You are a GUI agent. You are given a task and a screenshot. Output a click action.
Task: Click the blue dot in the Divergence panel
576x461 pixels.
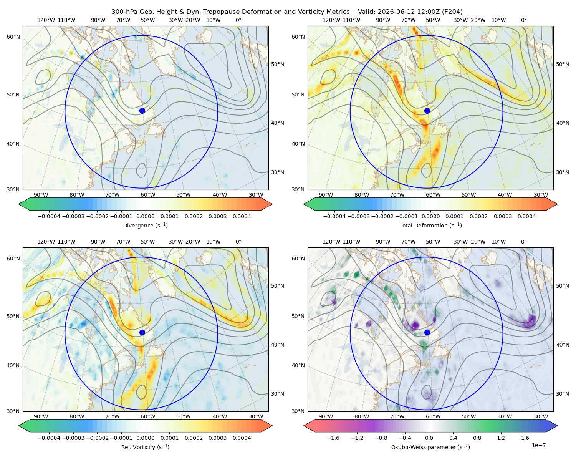[142, 111]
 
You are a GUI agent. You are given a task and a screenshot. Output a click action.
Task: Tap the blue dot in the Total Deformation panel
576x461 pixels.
[427, 111]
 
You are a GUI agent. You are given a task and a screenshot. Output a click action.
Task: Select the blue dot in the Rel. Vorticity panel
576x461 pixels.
[142, 332]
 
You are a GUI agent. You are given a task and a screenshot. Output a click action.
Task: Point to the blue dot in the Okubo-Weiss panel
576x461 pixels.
[427, 332]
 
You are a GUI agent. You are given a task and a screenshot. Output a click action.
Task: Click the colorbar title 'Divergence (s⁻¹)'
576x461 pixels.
[145, 225]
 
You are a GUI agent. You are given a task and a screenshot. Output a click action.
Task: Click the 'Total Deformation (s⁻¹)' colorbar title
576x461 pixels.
[430, 225]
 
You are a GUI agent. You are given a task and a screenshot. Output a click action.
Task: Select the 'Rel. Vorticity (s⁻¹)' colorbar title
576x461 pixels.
[145, 447]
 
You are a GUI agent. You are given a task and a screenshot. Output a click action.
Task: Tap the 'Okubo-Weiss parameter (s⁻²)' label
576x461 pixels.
[430, 447]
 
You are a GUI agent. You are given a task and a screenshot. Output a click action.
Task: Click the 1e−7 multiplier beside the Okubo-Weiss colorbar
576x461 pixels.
[538, 445]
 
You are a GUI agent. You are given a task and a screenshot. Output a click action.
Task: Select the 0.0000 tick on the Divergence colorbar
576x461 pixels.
[145, 216]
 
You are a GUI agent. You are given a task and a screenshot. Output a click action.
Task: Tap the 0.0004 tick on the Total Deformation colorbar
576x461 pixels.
[526, 216]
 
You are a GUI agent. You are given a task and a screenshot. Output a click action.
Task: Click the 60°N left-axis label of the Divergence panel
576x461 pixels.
[13, 37]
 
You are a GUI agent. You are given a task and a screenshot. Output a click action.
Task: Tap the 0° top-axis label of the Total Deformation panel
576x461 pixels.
[523, 20]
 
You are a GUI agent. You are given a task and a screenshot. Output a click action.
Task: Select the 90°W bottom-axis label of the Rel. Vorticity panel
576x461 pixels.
[41, 416]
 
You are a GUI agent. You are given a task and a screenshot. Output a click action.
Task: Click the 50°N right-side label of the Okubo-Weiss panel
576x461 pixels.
[562, 286]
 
